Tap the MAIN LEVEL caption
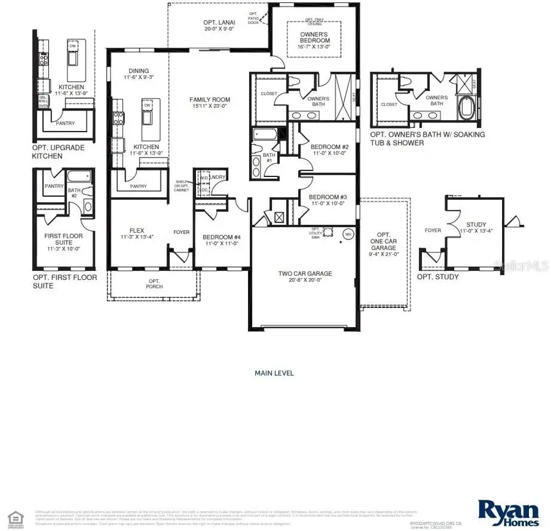tap(274, 372)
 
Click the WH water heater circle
tap(348, 234)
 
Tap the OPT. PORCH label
tap(153, 282)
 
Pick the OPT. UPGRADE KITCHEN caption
tap(59, 152)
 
